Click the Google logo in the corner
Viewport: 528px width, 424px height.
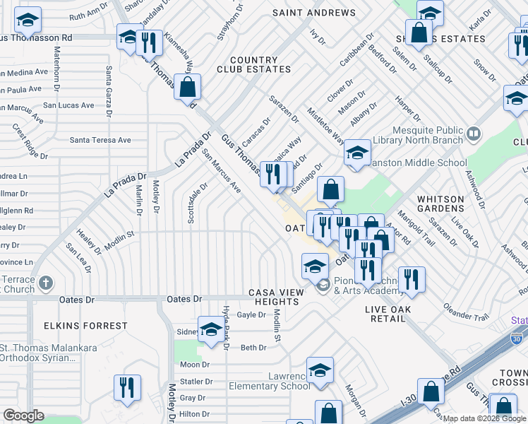pyautogui.click(x=23, y=416)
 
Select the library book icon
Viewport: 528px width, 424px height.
pyautogui.click(x=474, y=133)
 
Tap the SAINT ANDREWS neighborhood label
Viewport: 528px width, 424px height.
pyautogui.click(x=314, y=13)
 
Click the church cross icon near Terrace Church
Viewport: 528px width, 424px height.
pyautogui.click(x=46, y=283)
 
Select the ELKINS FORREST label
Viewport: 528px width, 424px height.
pyautogui.click(x=85, y=326)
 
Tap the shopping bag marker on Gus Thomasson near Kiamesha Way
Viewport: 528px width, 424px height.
pyautogui.click(x=188, y=88)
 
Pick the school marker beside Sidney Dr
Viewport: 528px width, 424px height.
pyautogui.click(x=211, y=329)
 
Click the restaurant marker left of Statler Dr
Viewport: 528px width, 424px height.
pyautogui.click(x=127, y=387)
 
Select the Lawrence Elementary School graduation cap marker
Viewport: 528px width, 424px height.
pyautogui.click(x=320, y=370)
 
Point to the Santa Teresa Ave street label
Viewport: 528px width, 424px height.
pyautogui.click(x=100, y=140)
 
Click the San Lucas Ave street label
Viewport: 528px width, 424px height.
pyautogui.click(x=68, y=105)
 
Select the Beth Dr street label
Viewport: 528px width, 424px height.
pyautogui.click(x=253, y=347)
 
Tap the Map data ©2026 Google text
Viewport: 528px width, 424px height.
pyautogui.click(x=484, y=418)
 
